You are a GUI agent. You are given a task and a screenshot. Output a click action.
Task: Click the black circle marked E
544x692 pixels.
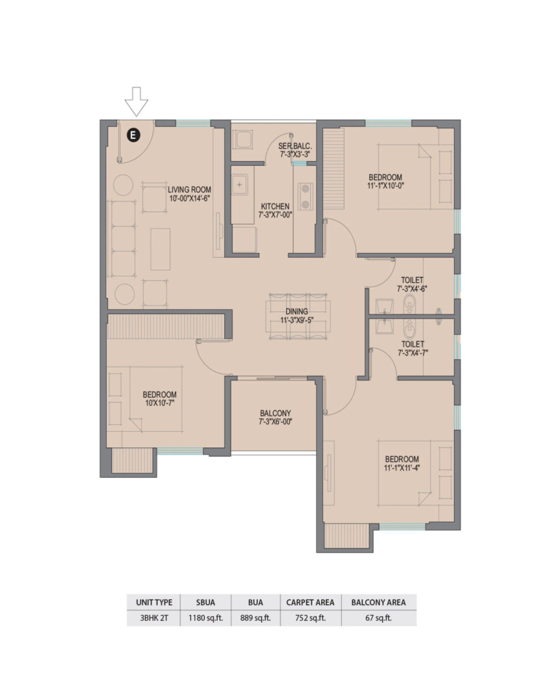(x=133, y=135)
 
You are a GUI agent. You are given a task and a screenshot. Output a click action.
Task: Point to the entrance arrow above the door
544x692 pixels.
(x=137, y=102)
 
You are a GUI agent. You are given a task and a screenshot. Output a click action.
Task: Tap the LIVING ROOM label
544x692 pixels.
(x=189, y=190)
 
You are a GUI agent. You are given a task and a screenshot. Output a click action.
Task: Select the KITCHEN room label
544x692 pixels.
(x=275, y=206)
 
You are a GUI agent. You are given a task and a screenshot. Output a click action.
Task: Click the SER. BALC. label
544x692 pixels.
(x=295, y=146)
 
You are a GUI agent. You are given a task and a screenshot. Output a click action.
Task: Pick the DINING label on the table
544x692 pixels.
(x=297, y=311)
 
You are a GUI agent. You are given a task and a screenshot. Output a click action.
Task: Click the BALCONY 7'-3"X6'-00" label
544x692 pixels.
(x=275, y=418)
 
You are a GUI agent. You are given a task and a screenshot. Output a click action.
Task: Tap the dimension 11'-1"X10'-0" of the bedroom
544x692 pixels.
(x=385, y=186)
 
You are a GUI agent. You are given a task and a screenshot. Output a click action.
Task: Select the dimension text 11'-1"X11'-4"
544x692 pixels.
(x=402, y=468)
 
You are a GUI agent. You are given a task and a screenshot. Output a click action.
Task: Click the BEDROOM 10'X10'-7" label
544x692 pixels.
(x=159, y=399)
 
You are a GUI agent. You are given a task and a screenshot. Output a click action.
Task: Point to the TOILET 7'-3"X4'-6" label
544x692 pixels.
(x=412, y=285)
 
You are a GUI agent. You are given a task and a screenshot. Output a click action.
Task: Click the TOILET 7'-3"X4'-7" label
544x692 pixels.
(x=413, y=348)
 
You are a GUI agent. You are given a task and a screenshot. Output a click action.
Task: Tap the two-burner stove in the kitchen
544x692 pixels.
(x=305, y=196)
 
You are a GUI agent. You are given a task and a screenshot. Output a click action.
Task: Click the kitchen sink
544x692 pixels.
(x=240, y=185)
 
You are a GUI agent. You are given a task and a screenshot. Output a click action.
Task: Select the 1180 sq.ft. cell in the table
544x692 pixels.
(x=206, y=618)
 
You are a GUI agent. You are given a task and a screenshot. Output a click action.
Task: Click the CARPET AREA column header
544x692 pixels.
(x=310, y=603)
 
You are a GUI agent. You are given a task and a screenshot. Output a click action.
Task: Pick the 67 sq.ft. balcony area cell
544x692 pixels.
(x=378, y=618)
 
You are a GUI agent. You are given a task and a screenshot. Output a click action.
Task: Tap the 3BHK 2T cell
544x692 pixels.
(x=154, y=618)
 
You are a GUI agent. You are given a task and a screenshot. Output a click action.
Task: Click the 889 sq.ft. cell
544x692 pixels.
(x=255, y=618)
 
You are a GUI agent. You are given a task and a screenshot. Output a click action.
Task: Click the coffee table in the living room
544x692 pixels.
(x=161, y=249)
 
